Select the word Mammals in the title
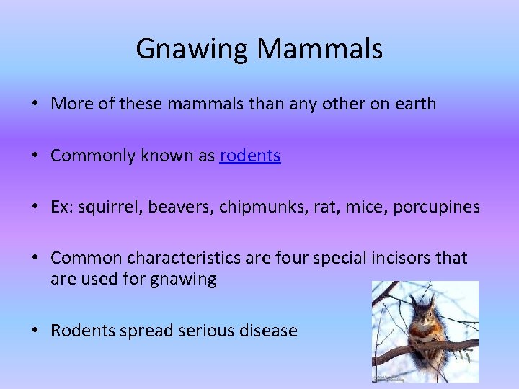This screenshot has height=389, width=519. (319, 49)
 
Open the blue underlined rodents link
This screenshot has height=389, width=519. (250, 156)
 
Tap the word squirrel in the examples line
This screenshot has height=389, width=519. (110, 207)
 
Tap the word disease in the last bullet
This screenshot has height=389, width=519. (269, 331)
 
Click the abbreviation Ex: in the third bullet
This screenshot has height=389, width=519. (61, 207)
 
